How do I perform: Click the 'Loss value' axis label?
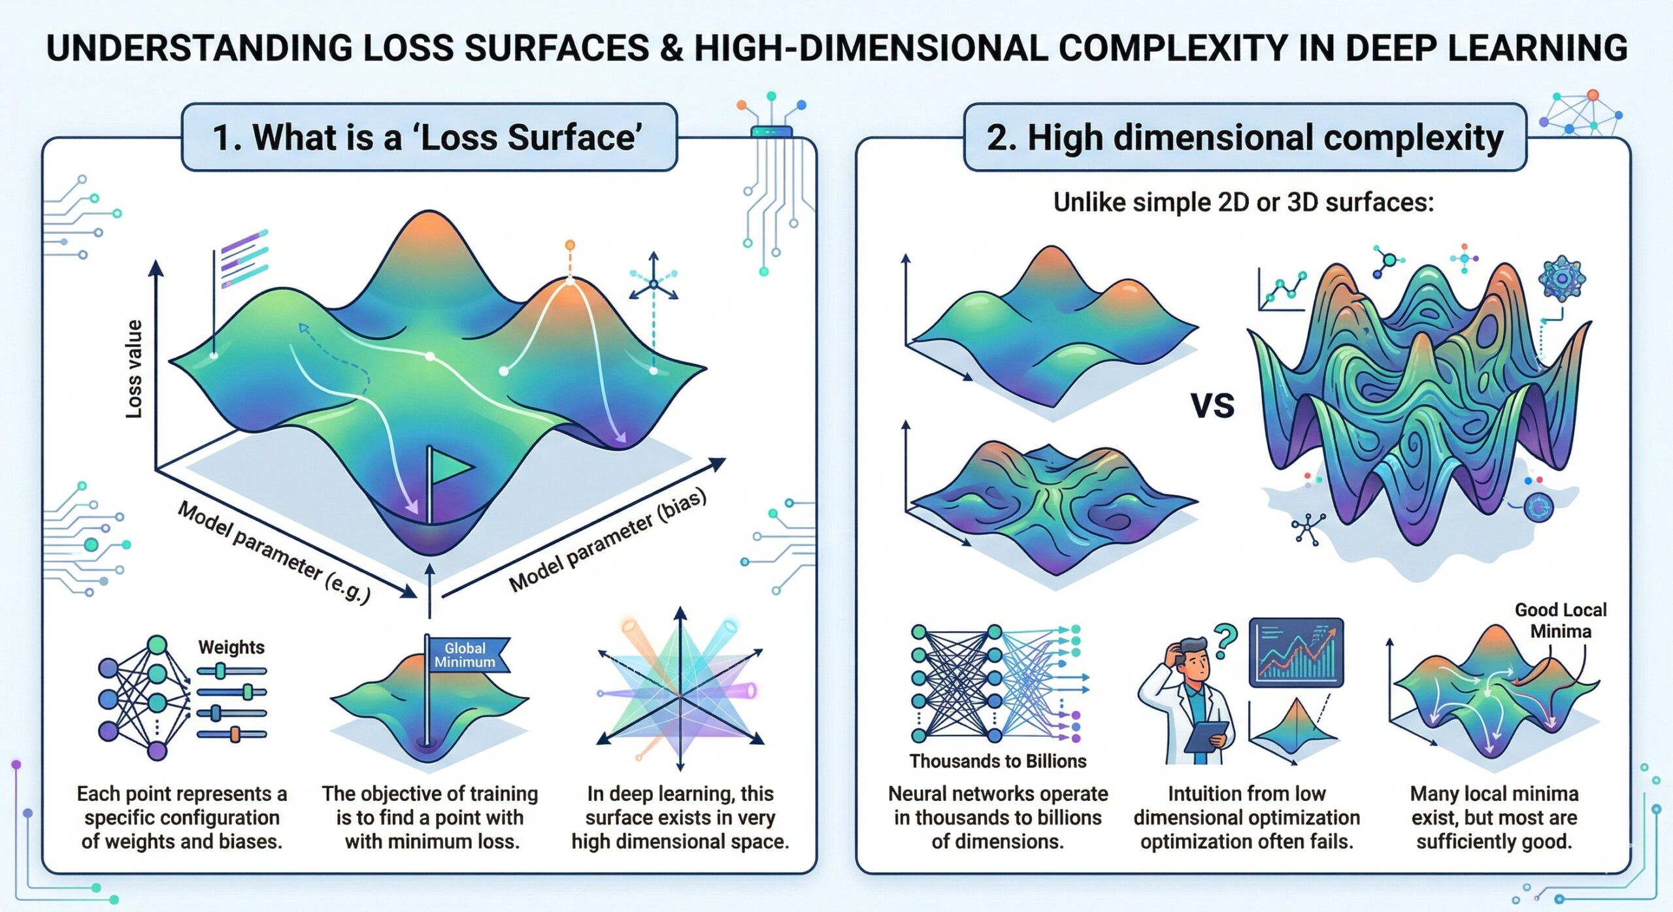(x=134, y=369)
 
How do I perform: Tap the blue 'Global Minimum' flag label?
(x=465, y=655)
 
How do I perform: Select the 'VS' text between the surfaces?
(x=1212, y=406)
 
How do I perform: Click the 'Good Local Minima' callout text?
(x=1561, y=621)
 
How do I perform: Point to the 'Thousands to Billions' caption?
(x=998, y=761)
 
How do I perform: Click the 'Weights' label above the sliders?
(x=231, y=647)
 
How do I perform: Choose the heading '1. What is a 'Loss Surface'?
(x=429, y=138)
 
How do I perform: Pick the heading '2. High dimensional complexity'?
(x=1245, y=138)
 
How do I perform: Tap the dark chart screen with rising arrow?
(x=1296, y=653)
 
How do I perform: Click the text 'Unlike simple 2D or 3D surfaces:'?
(x=1244, y=203)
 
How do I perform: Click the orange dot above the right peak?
(x=570, y=245)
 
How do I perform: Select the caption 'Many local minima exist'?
(x=1494, y=817)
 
